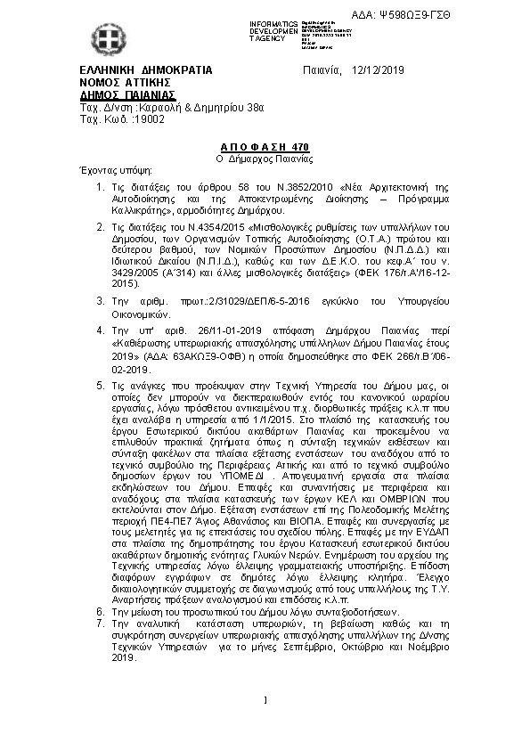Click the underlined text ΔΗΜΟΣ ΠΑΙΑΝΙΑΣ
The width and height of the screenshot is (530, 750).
tap(127, 94)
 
